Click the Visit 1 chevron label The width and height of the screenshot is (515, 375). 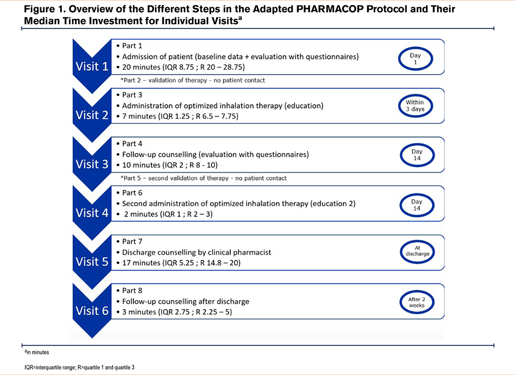92,66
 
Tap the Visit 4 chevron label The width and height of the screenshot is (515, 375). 92,213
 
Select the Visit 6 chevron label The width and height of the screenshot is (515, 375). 92,311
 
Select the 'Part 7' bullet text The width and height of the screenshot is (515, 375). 132,241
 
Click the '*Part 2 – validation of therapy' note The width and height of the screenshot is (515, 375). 193,80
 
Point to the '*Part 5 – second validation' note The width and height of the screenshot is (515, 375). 203,178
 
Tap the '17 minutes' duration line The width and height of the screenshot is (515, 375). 181,263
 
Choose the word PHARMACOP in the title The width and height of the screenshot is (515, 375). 330,9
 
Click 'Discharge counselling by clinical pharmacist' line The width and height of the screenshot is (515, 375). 196,252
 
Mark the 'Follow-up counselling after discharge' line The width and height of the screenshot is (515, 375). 185,301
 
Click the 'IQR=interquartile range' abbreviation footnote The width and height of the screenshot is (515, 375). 79,367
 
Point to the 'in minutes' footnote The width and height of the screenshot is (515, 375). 37,352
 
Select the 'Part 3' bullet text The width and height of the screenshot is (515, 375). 132,95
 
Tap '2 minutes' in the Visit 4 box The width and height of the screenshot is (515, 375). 141,214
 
